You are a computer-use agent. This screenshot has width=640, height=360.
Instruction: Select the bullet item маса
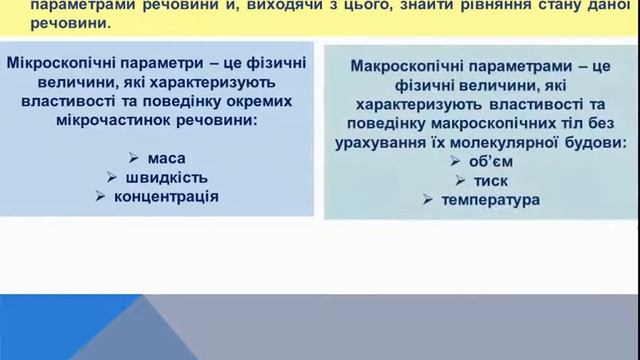click(166, 157)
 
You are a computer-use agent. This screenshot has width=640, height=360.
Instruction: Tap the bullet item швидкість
click(167, 176)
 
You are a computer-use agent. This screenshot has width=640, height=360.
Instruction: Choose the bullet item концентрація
click(166, 195)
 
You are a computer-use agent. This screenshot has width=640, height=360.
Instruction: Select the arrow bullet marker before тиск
click(460, 181)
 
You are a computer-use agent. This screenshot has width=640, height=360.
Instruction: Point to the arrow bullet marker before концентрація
click(101, 195)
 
